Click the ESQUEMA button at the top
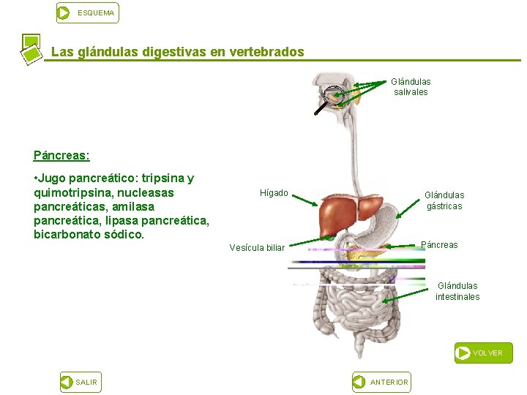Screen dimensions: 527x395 pos(87,12)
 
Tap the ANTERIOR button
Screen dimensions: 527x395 pos(381,382)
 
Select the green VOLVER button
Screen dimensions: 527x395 pos(483,353)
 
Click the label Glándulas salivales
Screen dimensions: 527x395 pos(411,87)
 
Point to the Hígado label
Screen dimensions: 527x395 pos(274,193)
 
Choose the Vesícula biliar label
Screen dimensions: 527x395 pos(257,248)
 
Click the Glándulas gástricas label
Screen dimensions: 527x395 pos(444,200)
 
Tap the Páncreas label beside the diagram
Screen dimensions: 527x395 pos(440,245)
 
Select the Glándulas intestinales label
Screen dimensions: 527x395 pos(457,291)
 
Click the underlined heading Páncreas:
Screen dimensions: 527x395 pos(61,156)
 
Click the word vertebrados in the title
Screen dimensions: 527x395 pos(266,53)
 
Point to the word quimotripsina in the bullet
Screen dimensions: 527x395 pos(67,192)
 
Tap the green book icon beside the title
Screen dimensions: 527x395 pos(31,49)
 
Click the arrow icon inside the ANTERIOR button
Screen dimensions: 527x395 pos(359,382)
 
